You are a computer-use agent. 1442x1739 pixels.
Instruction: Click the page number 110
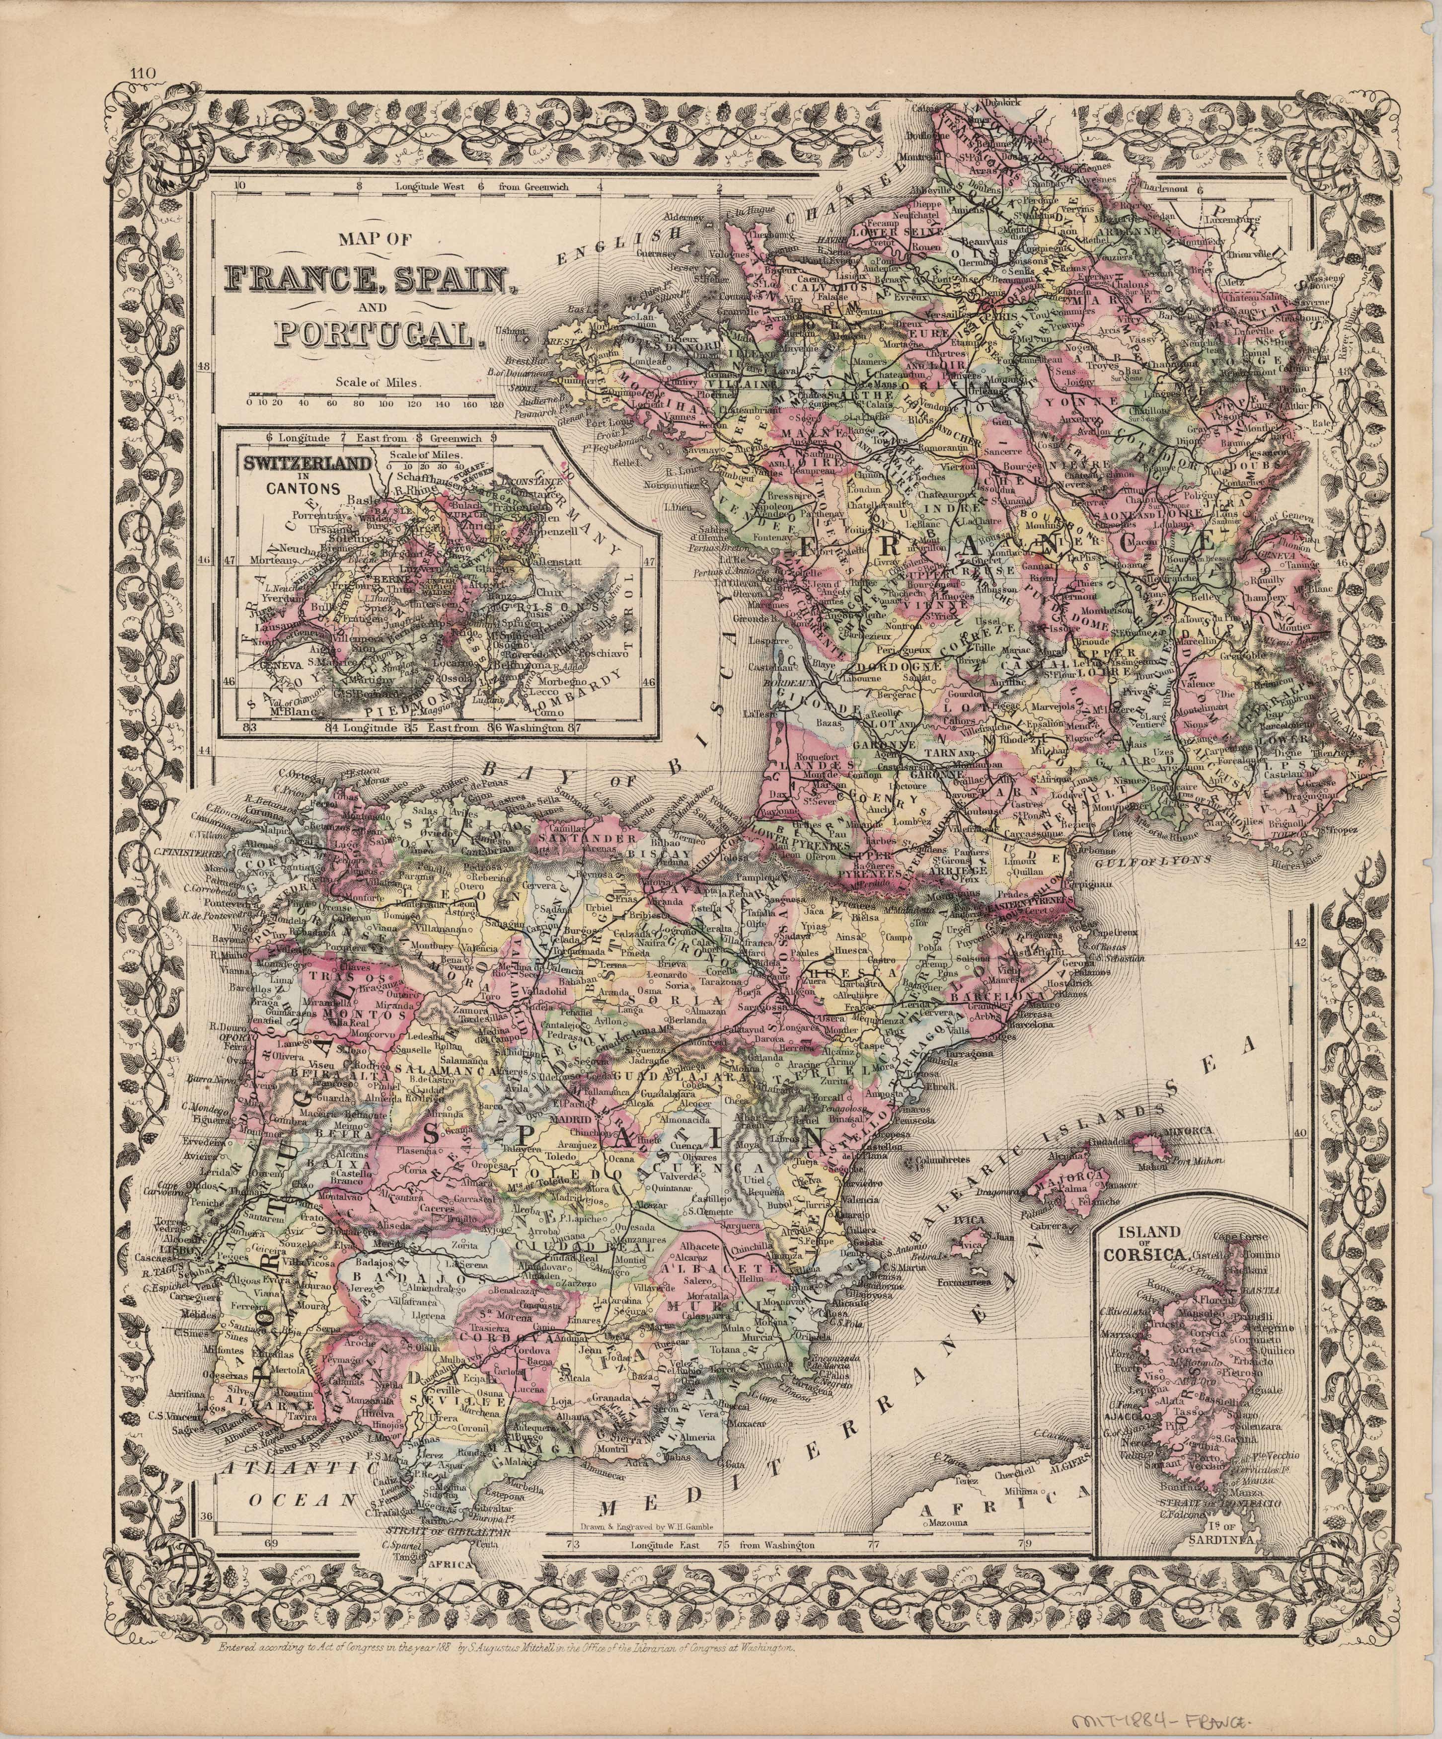[143, 74]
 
